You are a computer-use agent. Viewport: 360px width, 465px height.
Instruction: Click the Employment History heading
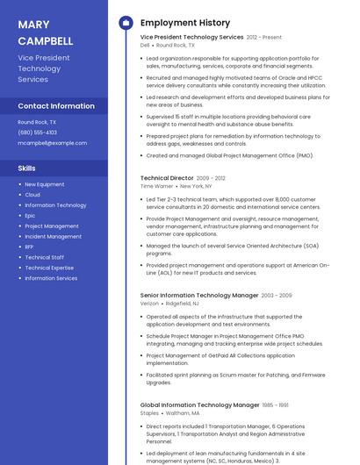click(x=185, y=23)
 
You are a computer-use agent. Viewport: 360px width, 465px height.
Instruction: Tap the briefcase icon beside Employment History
click(x=126, y=23)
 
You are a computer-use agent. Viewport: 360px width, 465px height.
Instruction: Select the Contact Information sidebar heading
click(x=56, y=106)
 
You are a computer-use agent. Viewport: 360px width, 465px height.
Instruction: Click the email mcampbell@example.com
click(x=52, y=142)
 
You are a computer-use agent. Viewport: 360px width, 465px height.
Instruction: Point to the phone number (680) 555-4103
click(x=37, y=132)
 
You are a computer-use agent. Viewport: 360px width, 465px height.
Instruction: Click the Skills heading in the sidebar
click(x=27, y=168)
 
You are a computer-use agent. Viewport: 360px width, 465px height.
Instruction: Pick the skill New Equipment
click(x=45, y=184)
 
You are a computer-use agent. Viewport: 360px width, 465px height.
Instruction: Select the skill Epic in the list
click(x=30, y=215)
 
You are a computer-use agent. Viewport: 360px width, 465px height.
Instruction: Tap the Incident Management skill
click(x=53, y=236)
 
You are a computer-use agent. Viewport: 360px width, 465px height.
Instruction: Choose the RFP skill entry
click(x=30, y=247)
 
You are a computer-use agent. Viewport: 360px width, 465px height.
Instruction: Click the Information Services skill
click(x=51, y=278)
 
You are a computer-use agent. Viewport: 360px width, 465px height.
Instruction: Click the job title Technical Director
click(x=166, y=178)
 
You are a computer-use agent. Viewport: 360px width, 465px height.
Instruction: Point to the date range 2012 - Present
click(x=264, y=38)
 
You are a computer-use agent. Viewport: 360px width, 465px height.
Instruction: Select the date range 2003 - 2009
click(x=277, y=296)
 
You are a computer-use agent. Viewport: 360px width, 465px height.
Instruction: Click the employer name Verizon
click(x=149, y=304)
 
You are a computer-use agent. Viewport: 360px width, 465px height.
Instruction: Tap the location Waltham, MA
click(x=183, y=412)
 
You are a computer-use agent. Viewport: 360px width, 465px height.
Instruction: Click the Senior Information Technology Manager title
click(x=199, y=296)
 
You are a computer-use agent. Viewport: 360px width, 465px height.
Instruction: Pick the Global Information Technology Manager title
click(x=199, y=405)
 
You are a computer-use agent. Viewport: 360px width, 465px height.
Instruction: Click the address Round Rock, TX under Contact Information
click(x=37, y=122)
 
